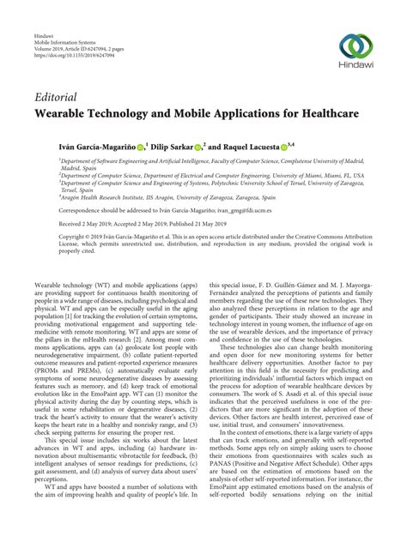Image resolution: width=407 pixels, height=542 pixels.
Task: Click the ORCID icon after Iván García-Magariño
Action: point(139,147)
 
